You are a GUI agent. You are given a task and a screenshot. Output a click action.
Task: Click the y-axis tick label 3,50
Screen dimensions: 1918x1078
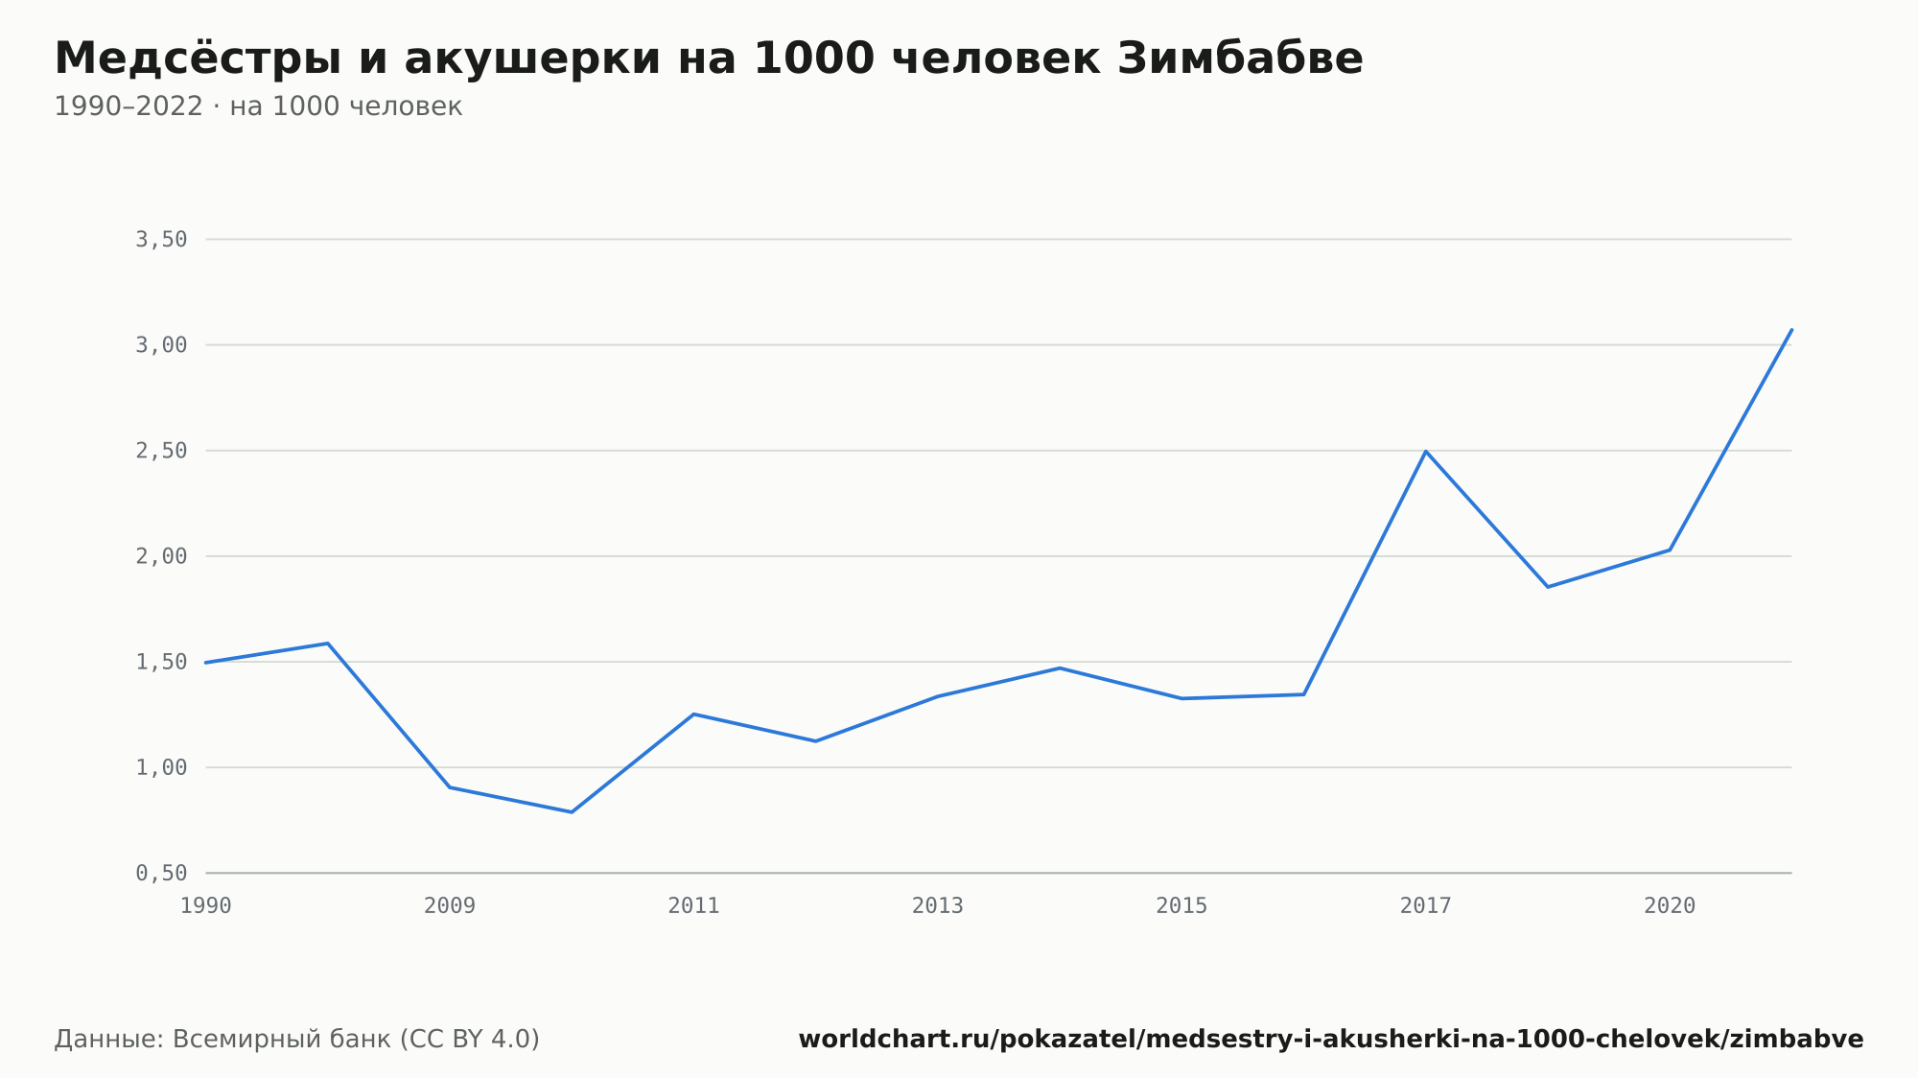161,240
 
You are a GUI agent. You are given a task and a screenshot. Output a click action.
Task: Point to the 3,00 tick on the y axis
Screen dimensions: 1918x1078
161,345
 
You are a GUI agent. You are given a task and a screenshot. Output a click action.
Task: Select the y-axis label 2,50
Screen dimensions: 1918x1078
161,451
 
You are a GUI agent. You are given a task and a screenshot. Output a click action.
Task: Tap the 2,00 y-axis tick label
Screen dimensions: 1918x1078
161,556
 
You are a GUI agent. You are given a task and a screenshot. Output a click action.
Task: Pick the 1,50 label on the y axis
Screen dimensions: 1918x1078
161,662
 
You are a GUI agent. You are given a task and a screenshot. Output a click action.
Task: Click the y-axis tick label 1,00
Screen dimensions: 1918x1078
161,767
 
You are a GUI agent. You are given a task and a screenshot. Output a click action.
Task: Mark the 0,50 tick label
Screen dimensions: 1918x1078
161,873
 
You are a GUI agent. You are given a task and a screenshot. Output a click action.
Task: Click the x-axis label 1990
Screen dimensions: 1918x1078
206,906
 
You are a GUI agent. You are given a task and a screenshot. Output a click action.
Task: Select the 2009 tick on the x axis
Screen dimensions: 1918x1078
450,906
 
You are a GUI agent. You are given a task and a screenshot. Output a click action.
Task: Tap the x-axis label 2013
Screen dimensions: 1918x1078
938,906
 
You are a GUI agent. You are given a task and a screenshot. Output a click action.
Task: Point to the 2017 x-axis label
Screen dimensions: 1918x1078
1426,906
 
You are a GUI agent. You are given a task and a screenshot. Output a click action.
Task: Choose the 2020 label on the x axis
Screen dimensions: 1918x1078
1670,906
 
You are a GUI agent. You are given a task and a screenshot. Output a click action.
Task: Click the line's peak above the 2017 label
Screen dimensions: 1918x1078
1426,451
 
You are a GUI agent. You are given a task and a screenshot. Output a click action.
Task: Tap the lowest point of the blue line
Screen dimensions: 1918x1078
572,812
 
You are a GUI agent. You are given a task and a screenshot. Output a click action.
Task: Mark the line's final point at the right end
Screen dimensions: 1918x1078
1791,330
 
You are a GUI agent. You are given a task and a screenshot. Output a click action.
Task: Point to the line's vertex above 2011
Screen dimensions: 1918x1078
693,715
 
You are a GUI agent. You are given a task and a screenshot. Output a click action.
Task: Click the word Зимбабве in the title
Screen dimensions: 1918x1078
1240,59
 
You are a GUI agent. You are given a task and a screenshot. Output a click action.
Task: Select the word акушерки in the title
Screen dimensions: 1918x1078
532,60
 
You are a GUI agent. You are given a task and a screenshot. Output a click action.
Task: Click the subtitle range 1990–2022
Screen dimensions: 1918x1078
129,106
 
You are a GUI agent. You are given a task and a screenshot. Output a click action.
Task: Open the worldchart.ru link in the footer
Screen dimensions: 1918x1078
1331,1040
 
